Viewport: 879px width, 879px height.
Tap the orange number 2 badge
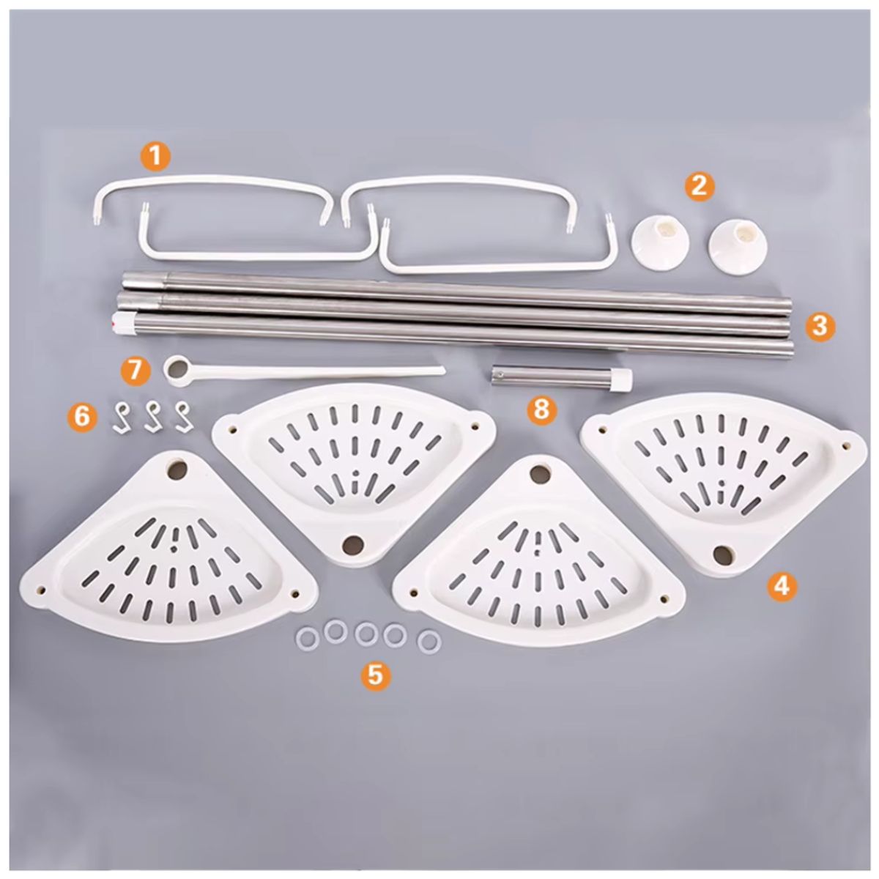coord(699,187)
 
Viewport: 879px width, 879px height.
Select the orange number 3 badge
coord(820,327)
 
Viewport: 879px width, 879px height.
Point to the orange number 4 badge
coord(782,586)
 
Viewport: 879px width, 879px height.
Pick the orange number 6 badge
coord(83,417)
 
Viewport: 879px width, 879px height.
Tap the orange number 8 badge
coord(541,409)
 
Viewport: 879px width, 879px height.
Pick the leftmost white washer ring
coord(307,637)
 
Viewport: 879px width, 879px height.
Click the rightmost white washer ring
coord(429,642)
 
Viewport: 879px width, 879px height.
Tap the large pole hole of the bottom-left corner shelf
coord(177,470)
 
